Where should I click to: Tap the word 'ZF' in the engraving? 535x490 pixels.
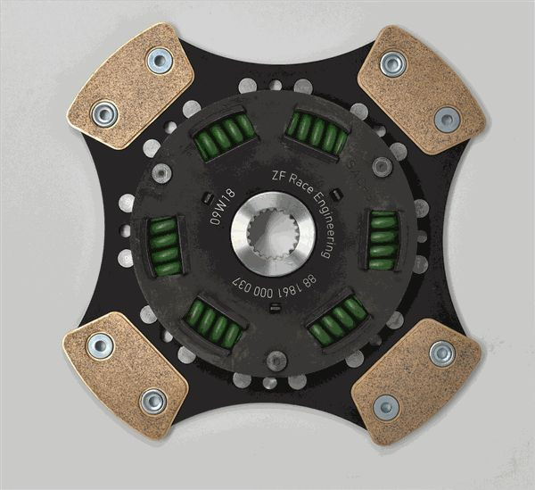(x=277, y=176)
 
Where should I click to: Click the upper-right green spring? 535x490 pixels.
(x=318, y=132)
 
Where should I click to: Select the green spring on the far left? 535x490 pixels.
(x=164, y=245)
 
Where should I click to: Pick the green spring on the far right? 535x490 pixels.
(x=383, y=240)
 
